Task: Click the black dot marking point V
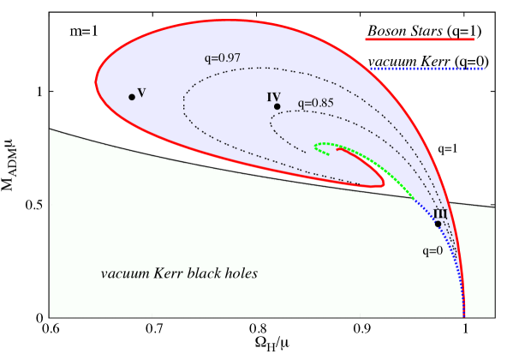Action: coord(132,97)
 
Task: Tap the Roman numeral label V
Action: coord(141,92)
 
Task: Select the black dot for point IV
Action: coord(277,107)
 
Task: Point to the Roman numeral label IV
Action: coord(274,97)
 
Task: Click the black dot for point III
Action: coord(438,224)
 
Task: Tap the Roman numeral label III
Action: coord(440,213)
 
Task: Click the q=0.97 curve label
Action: coord(222,58)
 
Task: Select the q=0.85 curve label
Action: coord(315,104)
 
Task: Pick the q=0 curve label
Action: coord(432,251)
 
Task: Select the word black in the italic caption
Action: coord(206,274)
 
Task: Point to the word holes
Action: coord(242,274)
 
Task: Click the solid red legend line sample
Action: coord(419,39)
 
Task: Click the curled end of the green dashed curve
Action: coord(317,147)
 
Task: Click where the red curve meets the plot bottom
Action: coord(464,316)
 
